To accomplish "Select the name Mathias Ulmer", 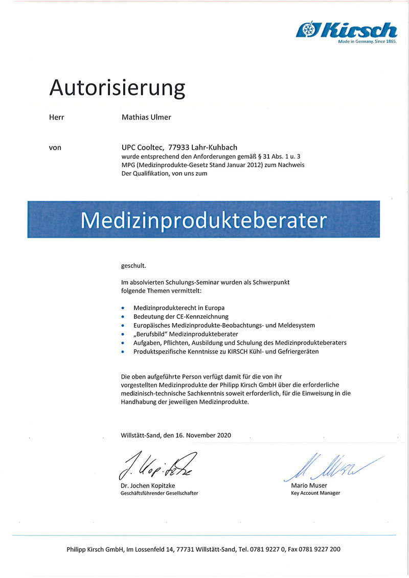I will (x=146, y=117).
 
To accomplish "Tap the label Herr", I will (x=56, y=117).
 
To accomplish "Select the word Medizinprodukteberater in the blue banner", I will (x=203, y=220).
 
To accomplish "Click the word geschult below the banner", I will (x=133, y=266).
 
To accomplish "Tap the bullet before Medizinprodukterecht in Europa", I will (x=123, y=308).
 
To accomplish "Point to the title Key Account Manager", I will (x=315, y=493).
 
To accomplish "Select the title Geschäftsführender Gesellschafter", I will (x=159, y=493).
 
